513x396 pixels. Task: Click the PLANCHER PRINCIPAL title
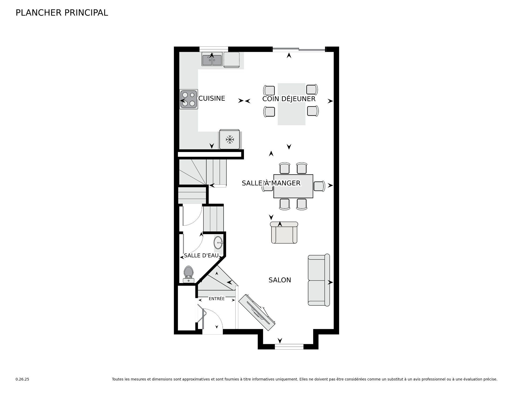(62, 13)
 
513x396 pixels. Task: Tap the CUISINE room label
(212, 99)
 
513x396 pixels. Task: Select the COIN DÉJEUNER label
(289, 99)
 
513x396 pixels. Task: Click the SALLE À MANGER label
(271, 183)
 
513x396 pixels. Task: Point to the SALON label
(280, 280)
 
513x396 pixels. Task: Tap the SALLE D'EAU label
(201, 256)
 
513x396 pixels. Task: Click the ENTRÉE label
(217, 299)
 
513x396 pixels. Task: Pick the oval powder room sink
(218, 242)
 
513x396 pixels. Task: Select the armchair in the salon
(284, 233)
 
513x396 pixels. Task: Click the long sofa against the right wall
(318, 280)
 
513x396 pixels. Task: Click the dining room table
(293, 186)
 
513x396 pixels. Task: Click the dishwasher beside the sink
(231, 60)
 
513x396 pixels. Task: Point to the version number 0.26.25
(22, 379)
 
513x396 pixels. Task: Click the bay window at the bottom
(289, 347)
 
